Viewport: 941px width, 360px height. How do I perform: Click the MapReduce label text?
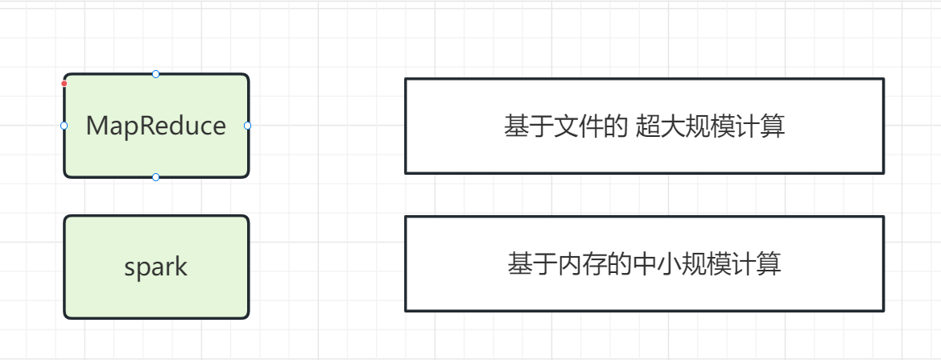155,126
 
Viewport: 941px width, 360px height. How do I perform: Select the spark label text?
155,267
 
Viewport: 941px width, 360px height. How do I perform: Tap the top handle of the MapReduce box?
155,74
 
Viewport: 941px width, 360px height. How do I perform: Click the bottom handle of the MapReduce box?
155,177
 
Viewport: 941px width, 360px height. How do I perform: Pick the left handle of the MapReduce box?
64,126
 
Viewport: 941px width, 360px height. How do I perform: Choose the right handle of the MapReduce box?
247,126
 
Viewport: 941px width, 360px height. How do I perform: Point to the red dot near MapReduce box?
64,83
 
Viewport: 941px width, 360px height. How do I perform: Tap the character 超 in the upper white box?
648,126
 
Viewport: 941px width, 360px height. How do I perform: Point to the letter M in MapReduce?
97,126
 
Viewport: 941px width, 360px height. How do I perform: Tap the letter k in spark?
181,267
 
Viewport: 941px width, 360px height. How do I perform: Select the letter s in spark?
130,268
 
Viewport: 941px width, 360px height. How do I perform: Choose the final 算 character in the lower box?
769,264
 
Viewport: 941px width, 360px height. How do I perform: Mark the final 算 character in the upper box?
772,126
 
